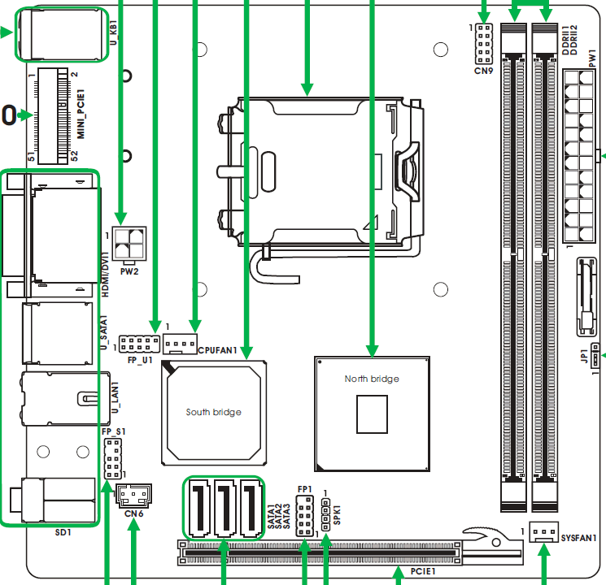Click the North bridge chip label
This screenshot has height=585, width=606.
point(372,379)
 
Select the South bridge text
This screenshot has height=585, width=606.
point(214,412)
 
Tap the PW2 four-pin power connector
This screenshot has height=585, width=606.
point(129,243)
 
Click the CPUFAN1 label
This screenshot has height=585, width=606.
point(217,350)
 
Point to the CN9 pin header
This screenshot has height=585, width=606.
point(484,44)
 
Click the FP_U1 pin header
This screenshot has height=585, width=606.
point(139,344)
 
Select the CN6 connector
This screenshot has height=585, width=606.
point(133,496)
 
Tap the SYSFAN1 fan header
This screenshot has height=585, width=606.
point(544,531)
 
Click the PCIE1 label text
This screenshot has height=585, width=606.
point(423,571)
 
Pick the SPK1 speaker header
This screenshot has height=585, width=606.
point(326,514)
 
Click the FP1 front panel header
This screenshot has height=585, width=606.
point(304,516)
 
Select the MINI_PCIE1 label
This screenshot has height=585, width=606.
point(81,114)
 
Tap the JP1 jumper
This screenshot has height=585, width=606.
point(595,355)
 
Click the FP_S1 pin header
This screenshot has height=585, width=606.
point(113,458)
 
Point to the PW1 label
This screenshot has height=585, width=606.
point(592,58)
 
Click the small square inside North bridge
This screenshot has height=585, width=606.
point(372,414)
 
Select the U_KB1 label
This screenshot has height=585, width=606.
point(113,32)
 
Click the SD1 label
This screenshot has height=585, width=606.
point(63,532)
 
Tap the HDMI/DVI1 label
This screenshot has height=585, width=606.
point(105,274)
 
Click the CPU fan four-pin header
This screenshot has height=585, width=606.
point(180,344)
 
